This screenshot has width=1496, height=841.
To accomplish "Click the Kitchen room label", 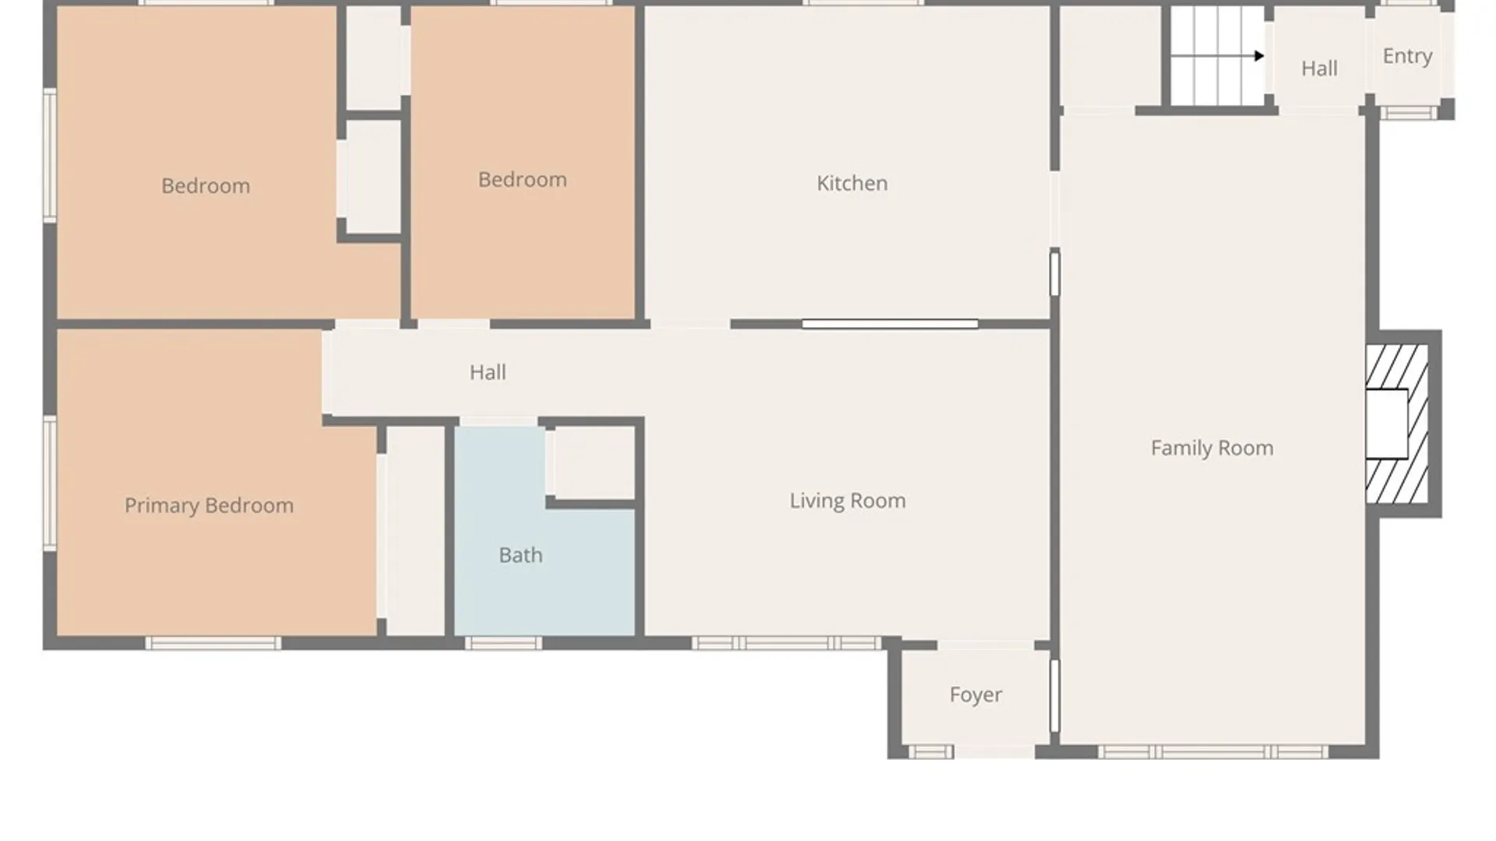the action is tap(852, 183).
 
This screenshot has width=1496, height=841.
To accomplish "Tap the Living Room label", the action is tap(848, 501).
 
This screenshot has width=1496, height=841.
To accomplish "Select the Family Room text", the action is tap(1212, 448).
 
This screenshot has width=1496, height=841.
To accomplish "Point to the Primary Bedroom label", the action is tap(209, 505).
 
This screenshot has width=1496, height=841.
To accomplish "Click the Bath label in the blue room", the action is tap(520, 555).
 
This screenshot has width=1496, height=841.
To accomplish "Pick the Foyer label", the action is tap(976, 695).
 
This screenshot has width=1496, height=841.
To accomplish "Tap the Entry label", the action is tap(1407, 56).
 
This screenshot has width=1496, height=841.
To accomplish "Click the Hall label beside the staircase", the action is tap(1319, 69).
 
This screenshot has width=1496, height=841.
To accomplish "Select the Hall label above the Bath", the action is tap(488, 372).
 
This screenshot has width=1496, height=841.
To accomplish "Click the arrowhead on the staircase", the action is tap(1259, 56).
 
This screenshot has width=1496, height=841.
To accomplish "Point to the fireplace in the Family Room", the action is tap(1397, 424).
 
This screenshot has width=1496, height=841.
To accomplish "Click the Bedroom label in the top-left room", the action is tap(206, 186).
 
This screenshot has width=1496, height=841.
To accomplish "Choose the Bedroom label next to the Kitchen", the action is tap(522, 180).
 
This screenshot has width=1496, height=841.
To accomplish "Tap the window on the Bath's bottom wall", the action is tap(503, 643).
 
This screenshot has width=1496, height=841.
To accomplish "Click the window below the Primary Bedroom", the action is tap(213, 643).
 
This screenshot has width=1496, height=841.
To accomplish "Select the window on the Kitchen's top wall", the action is tap(863, 3).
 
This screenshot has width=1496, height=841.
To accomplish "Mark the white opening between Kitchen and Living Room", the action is tap(890, 324).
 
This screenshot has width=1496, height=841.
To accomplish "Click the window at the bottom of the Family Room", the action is tap(1213, 752).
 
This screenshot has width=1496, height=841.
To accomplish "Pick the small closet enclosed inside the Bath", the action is tap(595, 463).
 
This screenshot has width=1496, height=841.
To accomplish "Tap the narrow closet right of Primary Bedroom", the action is tap(415, 530).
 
